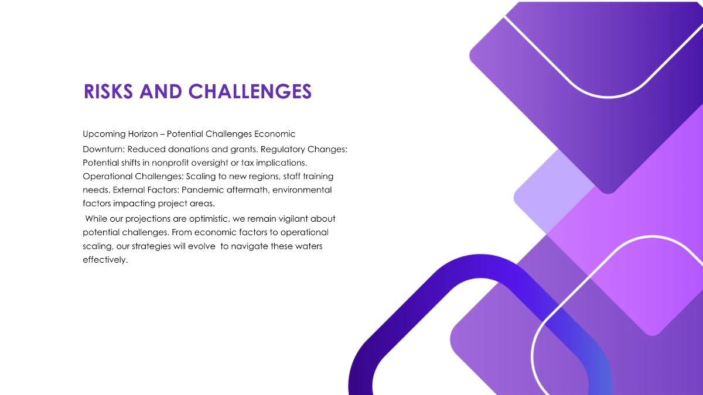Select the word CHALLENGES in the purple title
tap(250, 91)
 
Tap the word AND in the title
tap(162, 91)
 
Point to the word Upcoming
tap(104, 134)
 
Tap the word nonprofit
tap(157, 162)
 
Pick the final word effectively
tap(105, 260)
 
